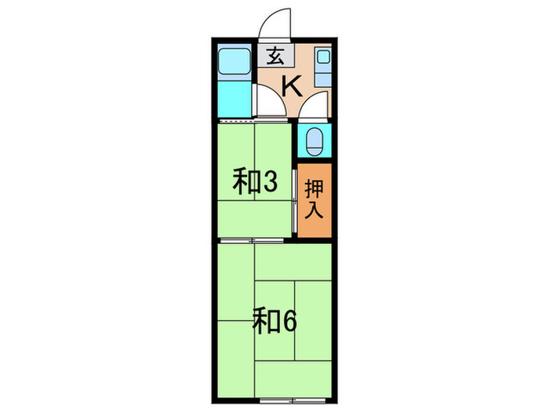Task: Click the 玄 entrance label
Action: [x=274, y=57]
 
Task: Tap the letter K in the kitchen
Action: [x=291, y=84]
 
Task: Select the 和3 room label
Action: [x=255, y=182]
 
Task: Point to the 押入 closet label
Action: [x=314, y=199]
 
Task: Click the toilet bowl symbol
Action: [x=314, y=142]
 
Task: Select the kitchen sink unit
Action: [x=322, y=67]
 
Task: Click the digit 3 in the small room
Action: [x=269, y=182]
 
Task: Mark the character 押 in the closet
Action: [x=314, y=188]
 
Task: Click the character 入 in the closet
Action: [x=314, y=210]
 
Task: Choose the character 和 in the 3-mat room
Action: [x=245, y=182]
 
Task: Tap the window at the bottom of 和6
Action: [x=274, y=380]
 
